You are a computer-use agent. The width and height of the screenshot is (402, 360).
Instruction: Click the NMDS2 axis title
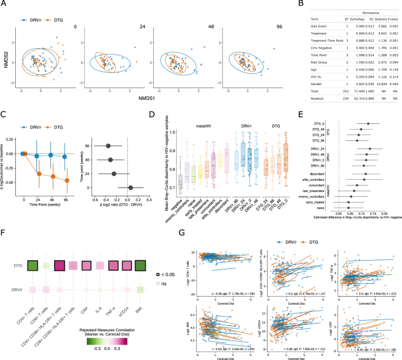coord(6,60)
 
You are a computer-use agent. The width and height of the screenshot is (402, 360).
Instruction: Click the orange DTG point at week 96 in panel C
coord(66,180)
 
